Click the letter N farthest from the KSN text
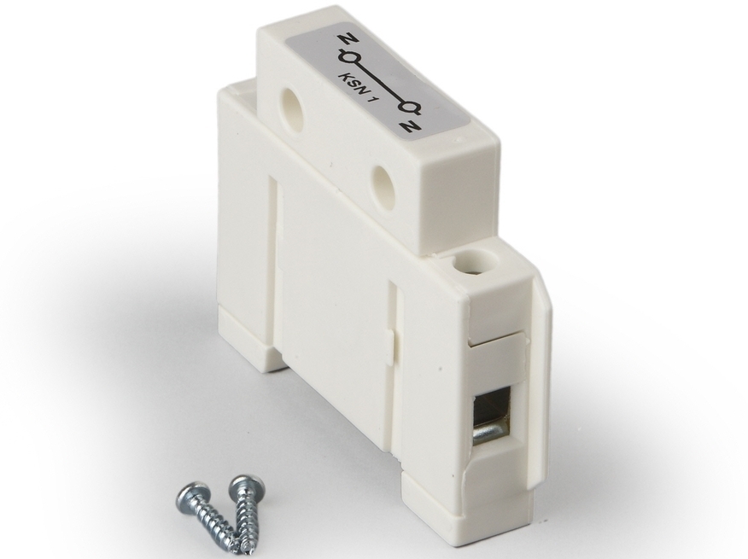coord(409,125)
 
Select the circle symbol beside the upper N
coord(347,58)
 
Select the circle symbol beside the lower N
coord(410,108)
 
